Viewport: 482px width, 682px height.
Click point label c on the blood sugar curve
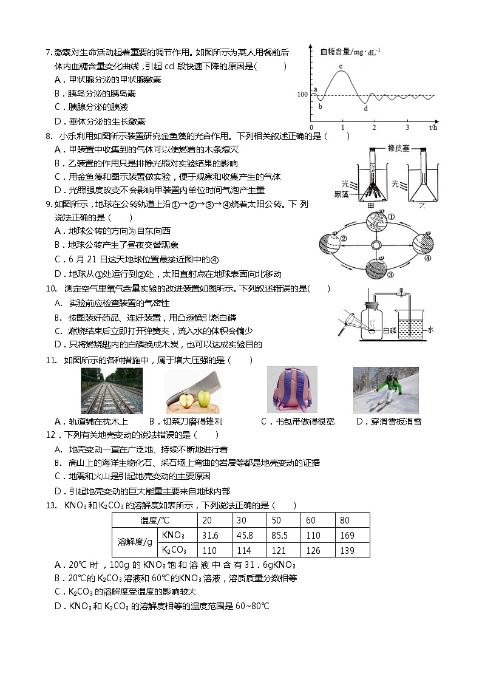click(341, 66)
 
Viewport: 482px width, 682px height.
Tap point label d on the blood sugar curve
click(365, 109)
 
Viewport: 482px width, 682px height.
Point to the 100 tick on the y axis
click(302, 95)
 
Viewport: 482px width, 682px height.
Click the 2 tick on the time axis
click(374, 128)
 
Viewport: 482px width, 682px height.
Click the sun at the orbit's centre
click(376, 244)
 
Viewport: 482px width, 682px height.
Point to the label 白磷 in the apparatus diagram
click(390, 330)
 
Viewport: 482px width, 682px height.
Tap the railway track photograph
click(112, 390)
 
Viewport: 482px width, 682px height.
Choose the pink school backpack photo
click(283, 390)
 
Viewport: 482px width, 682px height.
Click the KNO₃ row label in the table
click(174, 536)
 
